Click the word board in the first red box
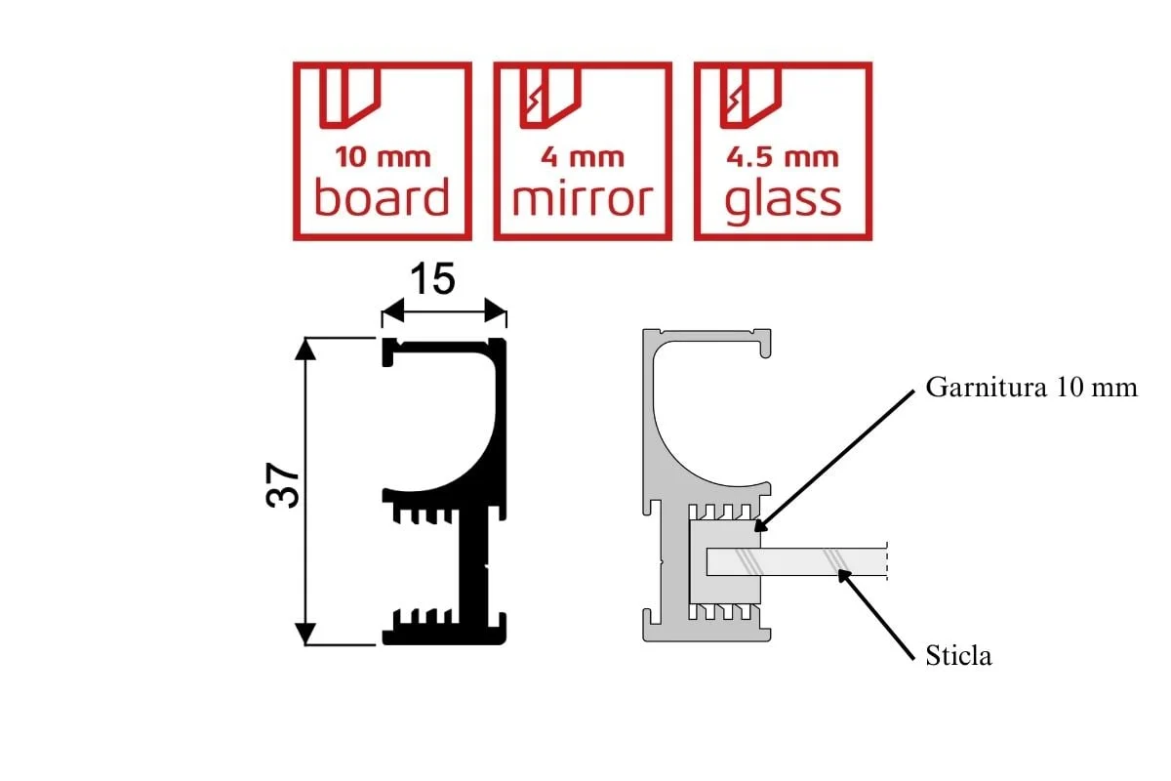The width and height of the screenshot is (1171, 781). click(382, 197)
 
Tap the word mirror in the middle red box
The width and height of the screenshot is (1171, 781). click(582, 197)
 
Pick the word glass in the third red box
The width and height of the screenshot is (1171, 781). click(783, 197)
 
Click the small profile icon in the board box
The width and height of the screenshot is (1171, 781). click(345, 98)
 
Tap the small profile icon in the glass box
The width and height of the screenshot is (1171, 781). click(746, 98)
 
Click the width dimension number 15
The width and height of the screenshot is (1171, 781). click(431, 280)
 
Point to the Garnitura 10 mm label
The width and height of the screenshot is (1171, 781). click(1031, 388)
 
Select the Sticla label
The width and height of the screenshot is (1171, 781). click(958, 655)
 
